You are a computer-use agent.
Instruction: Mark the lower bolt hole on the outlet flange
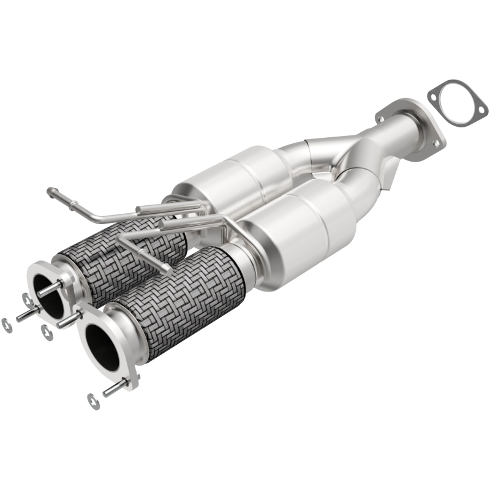[x=436, y=143]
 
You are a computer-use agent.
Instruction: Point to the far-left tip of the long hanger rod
[x=50, y=191]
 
